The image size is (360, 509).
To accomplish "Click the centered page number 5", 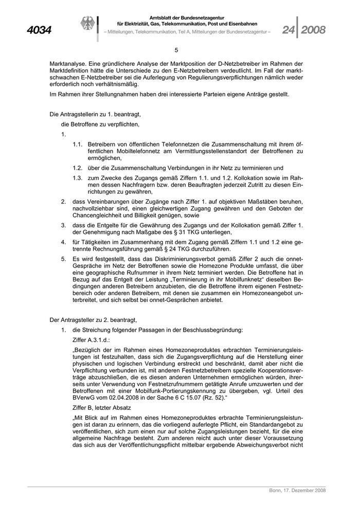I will (x=176, y=50).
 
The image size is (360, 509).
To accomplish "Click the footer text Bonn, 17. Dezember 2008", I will (x=297, y=490).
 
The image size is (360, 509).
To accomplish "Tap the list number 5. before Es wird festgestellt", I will (x=63, y=258).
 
